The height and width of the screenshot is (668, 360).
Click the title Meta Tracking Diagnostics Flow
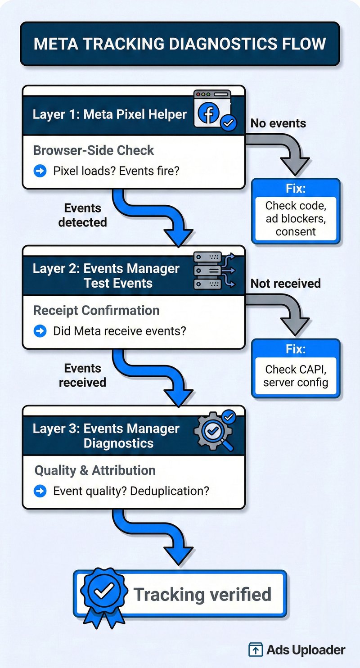(180, 44)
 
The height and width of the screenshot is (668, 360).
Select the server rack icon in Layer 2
(212, 270)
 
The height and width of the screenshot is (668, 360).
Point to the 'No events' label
(278, 123)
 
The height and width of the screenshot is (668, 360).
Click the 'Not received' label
(285, 283)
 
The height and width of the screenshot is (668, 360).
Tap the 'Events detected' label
(83, 215)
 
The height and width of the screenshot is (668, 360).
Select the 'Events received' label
(83, 375)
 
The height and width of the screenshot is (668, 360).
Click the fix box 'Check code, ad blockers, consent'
(296, 218)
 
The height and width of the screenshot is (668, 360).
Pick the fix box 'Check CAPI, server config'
(296, 376)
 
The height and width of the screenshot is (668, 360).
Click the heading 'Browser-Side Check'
(94, 150)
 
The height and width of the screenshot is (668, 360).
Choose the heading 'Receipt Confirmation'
(96, 310)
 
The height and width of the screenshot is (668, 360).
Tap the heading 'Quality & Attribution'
(95, 470)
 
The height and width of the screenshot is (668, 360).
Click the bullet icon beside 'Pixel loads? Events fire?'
(40, 171)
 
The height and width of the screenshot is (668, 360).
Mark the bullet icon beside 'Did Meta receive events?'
(40, 331)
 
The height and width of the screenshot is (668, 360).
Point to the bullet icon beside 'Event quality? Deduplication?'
(40, 491)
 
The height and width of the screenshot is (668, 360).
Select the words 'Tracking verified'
(202, 594)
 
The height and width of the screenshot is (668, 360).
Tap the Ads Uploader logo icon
(256, 650)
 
